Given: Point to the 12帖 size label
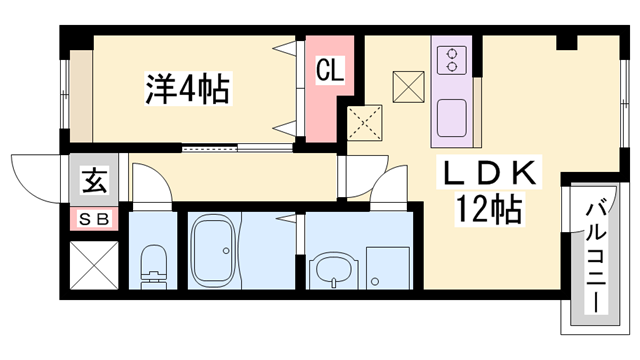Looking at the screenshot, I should point(491,210).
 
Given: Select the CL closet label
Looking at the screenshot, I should point(330,71).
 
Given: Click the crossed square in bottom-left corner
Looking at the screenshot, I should point(93,264).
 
